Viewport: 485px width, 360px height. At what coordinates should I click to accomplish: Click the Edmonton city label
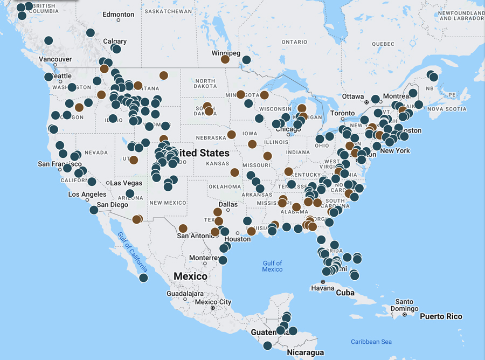[x=118, y=14]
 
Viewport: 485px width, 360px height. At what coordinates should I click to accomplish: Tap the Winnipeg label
[x=226, y=53]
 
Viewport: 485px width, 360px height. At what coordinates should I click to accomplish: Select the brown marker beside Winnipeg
[x=225, y=59]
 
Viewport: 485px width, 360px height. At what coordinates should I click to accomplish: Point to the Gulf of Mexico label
[x=272, y=266]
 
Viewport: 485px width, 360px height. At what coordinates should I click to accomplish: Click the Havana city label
[x=323, y=288]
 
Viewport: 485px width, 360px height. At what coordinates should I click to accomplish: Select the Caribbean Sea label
[x=371, y=342]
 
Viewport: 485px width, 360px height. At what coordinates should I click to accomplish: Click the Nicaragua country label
[x=306, y=353]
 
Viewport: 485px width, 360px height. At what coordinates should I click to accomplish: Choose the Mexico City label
[x=213, y=302]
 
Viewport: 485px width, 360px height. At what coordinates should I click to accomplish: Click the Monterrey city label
[x=203, y=258]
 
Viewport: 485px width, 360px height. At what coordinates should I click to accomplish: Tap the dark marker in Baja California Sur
[x=143, y=278]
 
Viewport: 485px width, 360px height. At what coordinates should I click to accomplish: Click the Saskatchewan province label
[x=169, y=11]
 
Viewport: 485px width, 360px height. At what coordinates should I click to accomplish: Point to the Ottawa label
[x=352, y=96]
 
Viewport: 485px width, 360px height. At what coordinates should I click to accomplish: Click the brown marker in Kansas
[x=234, y=172]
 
